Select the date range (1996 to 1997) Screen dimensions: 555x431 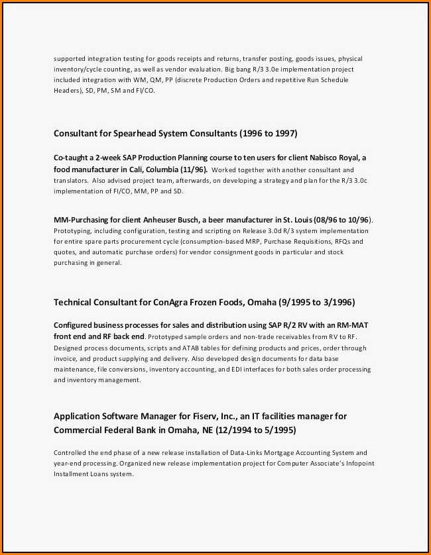pyautogui.click(x=267, y=133)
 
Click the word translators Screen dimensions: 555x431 pyautogui.click(x=70, y=180)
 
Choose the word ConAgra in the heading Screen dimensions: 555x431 pyautogui.click(x=172, y=303)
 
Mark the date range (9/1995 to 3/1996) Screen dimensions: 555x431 pyautogui.click(x=316, y=303)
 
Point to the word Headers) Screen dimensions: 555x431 pyautogui.click(x=69, y=90)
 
